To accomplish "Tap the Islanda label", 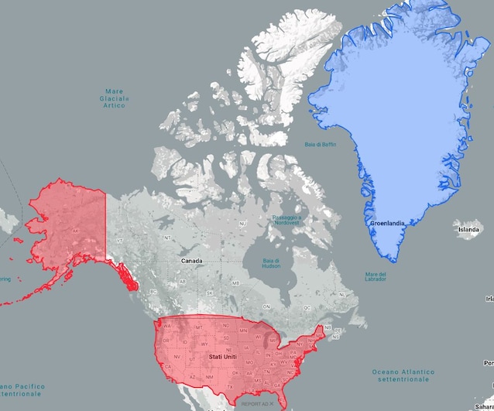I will pyautogui.click(x=469, y=230).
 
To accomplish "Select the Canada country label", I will pyautogui.click(x=192, y=261).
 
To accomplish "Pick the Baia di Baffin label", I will pyautogui.click(x=320, y=145).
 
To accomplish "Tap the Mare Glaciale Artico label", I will pyautogui.click(x=114, y=98).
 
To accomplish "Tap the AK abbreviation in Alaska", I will pyautogui.click(x=75, y=231).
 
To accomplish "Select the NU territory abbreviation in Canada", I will pyautogui.click(x=242, y=224).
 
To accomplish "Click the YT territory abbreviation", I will pyautogui.click(x=119, y=241).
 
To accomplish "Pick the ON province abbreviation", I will pyautogui.click(x=267, y=307).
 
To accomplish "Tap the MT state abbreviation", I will pyautogui.click(x=198, y=329).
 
